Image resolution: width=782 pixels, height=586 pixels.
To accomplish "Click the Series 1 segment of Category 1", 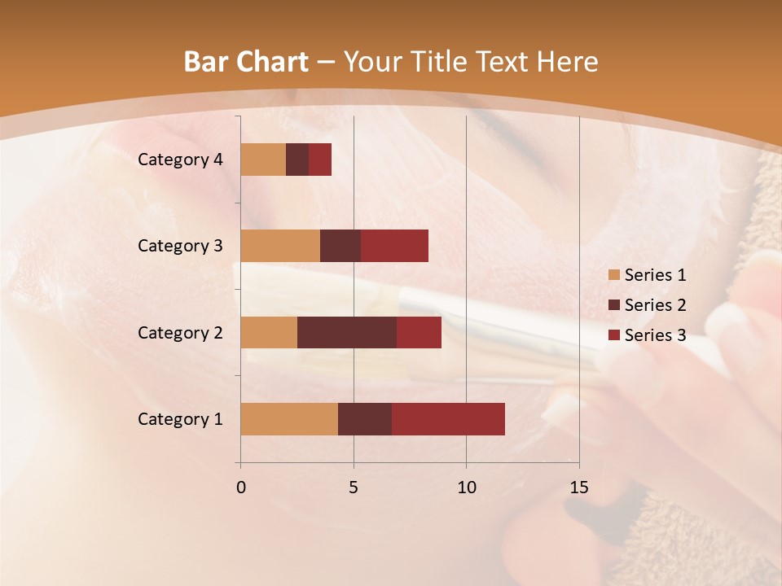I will point(289,419).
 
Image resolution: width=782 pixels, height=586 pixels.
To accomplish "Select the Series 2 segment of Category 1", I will point(365,419).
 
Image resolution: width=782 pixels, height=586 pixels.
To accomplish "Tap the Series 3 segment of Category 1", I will point(448,419).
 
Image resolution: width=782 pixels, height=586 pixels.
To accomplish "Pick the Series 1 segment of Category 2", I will point(269,333).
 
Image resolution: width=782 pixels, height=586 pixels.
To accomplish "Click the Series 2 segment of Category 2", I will point(347,333).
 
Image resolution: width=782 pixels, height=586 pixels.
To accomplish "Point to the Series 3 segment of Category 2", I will point(419,333).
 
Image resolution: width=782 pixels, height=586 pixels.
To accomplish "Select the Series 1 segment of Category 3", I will point(280,246).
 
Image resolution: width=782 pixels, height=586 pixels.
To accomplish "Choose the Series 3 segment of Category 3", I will point(394,246).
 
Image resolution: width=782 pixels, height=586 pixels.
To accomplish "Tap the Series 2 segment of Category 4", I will point(297,160).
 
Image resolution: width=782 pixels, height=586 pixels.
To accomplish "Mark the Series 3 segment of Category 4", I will point(320,160).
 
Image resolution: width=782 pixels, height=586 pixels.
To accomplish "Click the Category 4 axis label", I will point(180,160).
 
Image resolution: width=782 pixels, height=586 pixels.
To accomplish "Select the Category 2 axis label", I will point(180,333).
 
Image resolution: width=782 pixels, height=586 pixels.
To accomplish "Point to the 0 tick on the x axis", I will point(241,488).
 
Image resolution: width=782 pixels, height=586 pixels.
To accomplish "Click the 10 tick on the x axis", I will point(466,488).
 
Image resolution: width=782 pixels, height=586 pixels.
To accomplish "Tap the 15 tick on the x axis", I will point(578,488).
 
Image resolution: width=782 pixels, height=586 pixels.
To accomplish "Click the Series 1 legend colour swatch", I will point(613,275).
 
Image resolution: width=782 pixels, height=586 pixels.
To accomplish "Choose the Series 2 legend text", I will point(655,305).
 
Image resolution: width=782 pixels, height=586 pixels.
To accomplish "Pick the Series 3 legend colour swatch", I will point(613,335).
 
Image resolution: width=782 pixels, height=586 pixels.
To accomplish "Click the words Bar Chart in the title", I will point(245,62).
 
